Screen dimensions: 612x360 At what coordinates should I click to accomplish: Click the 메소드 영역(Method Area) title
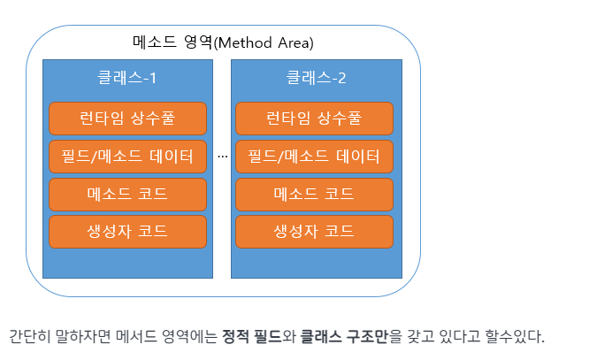pos(223,42)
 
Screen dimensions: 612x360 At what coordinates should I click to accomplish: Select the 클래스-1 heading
pos(126,77)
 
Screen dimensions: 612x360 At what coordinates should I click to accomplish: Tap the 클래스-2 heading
pos(316,77)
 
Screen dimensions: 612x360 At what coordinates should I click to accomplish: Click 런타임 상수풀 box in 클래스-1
pos(127,119)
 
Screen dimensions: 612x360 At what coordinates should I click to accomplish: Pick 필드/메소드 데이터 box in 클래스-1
pos(127,157)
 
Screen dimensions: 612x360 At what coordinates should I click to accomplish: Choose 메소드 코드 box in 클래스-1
pos(127,194)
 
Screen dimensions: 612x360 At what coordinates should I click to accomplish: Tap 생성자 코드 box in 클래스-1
pos(127,232)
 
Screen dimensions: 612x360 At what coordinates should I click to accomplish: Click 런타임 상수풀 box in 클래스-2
pos(314,119)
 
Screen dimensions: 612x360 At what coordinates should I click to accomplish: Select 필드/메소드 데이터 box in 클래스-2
pos(314,157)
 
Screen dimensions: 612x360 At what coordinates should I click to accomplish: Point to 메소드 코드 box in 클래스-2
pos(314,194)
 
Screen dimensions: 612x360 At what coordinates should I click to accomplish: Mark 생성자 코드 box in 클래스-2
pos(314,232)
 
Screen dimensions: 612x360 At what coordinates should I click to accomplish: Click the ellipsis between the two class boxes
pos(223,157)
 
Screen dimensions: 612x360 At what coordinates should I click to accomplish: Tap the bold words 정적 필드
pos(252,336)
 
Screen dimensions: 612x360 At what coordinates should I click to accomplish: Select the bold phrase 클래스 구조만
pos(344,336)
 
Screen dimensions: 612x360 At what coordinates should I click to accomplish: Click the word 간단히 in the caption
pos(30,336)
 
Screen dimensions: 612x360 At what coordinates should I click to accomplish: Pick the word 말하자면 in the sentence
pos(83,336)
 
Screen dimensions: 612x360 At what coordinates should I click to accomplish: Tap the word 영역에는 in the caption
pos(189,336)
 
